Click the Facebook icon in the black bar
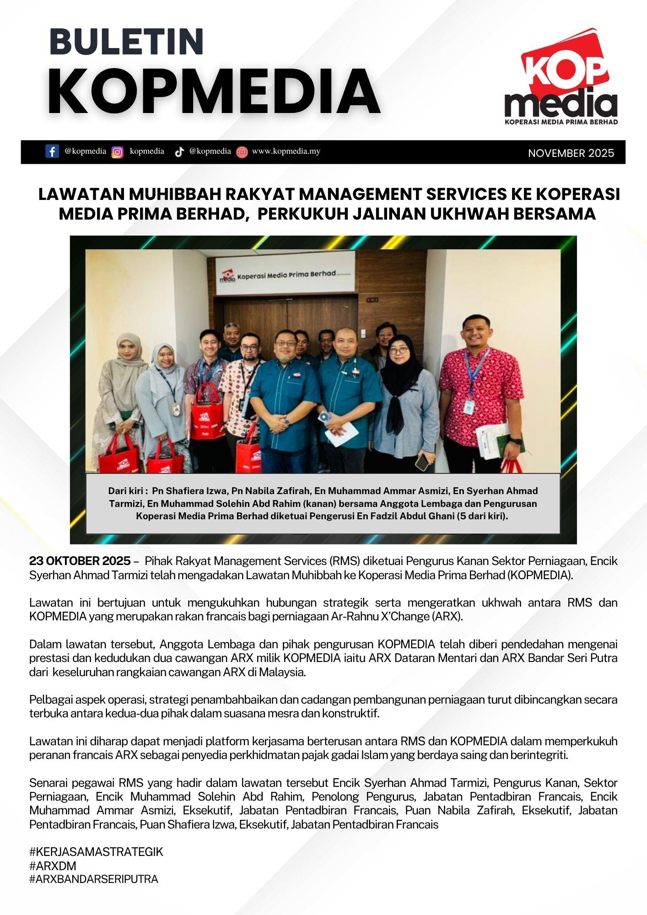click(x=52, y=151)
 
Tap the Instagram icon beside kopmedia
click(x=118, y=152)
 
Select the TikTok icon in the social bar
click(x=179, y=152)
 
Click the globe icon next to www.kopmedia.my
click(x=242, y=152)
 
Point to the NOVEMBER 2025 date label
click(x=571, y=153)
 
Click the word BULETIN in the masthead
click(x=126, y=42)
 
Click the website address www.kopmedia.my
click(x=286, y=151)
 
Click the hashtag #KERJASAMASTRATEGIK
click(x=96, y=852)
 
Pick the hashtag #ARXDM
click(x=53, y=866)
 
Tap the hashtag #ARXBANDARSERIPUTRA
click(x=94, y=879)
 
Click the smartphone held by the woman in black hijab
click(x=422, y=463)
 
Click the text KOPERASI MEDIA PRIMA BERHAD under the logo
click(x=561, y=122)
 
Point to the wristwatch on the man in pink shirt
click(x=515, y=441)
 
